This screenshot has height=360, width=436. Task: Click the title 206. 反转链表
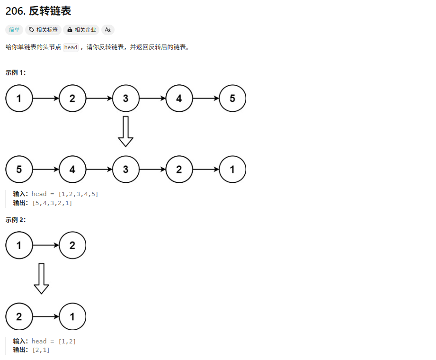(x=38, y=11)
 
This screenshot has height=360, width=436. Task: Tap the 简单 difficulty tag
(x=15, y=30)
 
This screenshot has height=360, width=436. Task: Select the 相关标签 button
(x=43, y=30)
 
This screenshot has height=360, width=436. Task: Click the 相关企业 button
(x=81, y=30)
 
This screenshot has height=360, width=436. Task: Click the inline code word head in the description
(x=71, y=47)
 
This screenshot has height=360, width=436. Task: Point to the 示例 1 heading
(x=16, y=72)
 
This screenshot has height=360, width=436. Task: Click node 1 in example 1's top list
(x=19, y=99)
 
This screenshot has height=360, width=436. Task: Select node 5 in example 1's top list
(x=232, y=99)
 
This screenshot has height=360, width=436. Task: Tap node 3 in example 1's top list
(x=125, y=99)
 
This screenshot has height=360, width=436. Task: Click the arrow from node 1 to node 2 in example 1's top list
(x=45, y=99)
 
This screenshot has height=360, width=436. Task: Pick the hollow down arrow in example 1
(x=125, y=131)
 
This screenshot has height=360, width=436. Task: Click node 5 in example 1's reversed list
(x=19, y=169)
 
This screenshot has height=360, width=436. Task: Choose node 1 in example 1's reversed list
(x=232, y=169)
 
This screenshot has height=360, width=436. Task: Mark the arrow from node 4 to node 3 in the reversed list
(x=99, y=169)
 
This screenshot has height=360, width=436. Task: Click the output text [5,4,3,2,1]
(x=52, y=203)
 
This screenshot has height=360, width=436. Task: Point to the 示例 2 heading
(x=16, y=220)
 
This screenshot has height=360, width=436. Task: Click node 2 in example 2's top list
(x=72, y=245)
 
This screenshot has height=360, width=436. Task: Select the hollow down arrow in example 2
(x=41, y=279)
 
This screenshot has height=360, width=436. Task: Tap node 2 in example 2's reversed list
(x=19, y=316)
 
